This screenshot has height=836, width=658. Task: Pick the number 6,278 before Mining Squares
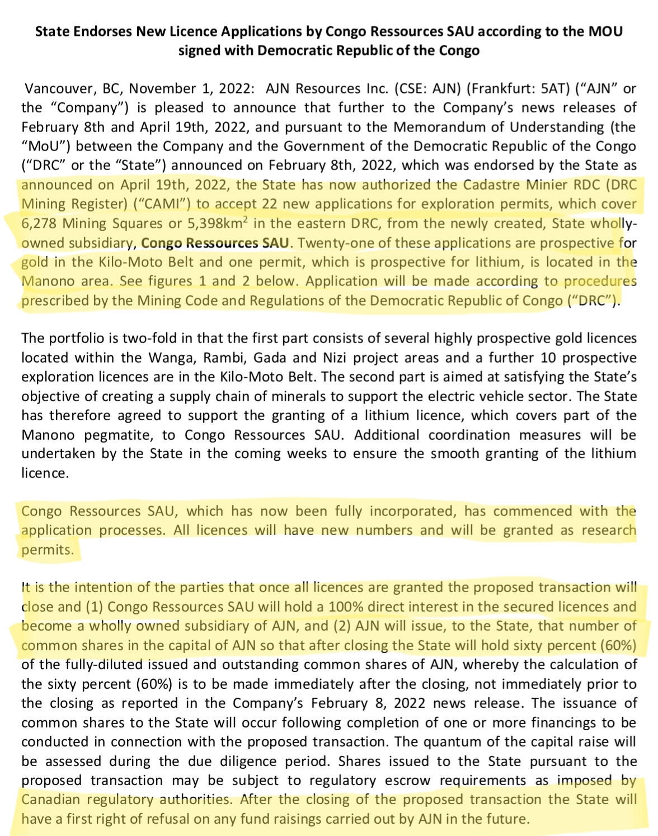point(39,224)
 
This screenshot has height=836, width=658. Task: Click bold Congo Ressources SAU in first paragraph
point(215,243)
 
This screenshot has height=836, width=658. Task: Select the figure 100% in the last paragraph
point(349,607)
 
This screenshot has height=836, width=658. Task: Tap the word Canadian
point(50,800)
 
